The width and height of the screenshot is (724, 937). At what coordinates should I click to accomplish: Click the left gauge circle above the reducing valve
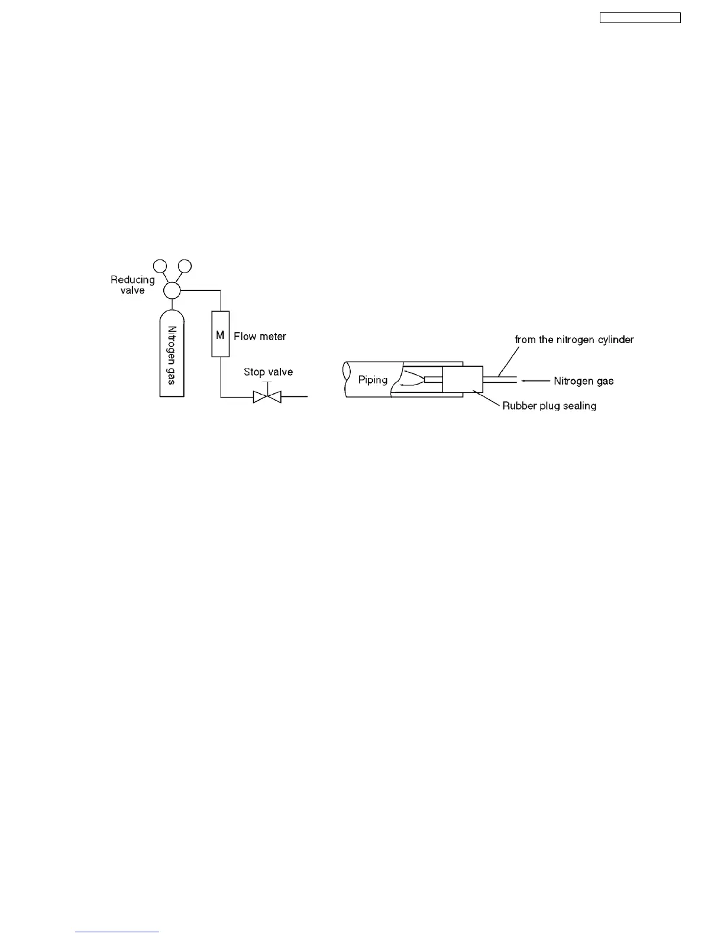pyautogui.click(x=160, y=266)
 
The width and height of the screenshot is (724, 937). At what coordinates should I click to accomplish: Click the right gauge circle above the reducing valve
pyautogui.click(x=185, y=266)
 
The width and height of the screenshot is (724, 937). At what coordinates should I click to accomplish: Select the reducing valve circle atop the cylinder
pyautogui.click(x=172, y=290)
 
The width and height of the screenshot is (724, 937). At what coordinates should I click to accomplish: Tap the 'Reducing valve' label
pyautogui.click(x=132, y=285)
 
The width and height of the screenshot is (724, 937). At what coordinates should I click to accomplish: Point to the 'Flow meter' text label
pyautogui.click(x=260, y=337)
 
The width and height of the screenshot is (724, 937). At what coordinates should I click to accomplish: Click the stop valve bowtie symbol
pyautogui.click(x=267, y=396)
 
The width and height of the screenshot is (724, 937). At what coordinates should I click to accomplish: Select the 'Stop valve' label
pyautogui.click(x=268, y=372)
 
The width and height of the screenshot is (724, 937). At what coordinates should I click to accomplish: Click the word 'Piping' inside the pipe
pyautogui.click(x=373, y=380)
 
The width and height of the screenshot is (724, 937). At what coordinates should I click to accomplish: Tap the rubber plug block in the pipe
pyautogui.click(x=463, y=379)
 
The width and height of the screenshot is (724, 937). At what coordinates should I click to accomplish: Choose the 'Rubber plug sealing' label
pyautogui.click(x=549, y=406)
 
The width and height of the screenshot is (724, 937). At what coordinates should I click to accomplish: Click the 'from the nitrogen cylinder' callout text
pyautogui.click(x=574, y=340)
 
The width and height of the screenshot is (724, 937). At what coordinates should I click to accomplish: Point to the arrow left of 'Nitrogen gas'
pyautogui.click(x=535, y=381)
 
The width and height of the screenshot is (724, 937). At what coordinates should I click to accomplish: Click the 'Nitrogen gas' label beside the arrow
pyautogui.click(x=584, y=381)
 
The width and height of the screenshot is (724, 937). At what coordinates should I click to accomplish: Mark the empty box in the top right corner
pyautogui.click(x=640, y=18)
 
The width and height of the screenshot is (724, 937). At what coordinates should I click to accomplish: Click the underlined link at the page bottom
pyautogui.click(x=117, y=932)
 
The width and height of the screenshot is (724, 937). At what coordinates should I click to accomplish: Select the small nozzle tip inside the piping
pyautogui.click(x=432, y=379)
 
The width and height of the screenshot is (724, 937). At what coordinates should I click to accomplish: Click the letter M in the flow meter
pyautogui.click(x=220, y=335)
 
